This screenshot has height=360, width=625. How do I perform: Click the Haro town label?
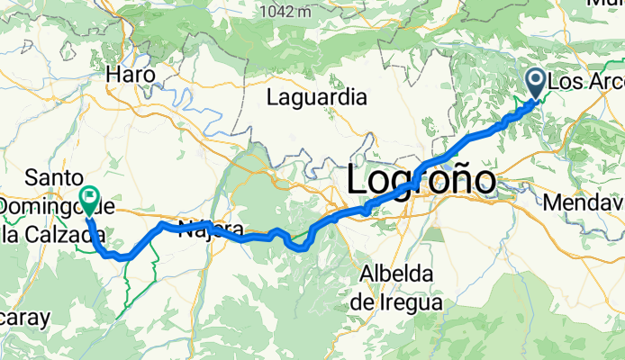coord(131,76)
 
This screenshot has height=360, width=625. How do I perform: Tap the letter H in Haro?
coord(113,76)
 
